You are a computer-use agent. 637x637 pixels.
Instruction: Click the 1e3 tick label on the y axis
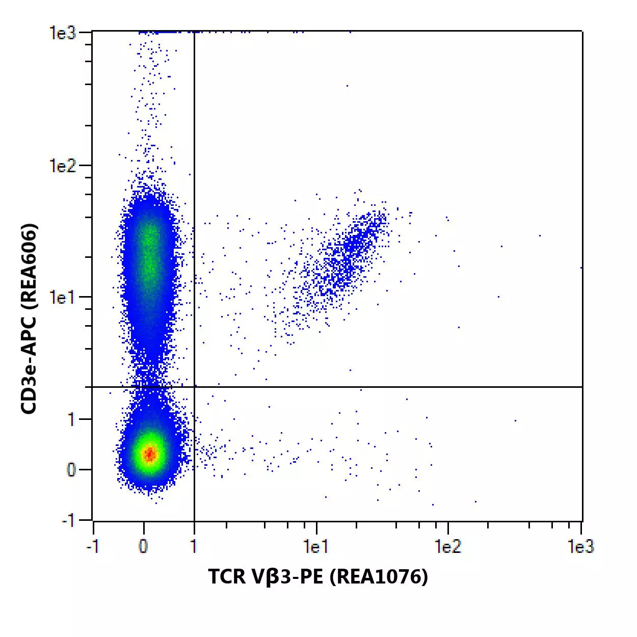coord(62,33)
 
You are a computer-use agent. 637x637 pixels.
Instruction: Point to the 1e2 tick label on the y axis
coord(62,165)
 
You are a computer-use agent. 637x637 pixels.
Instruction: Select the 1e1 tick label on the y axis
coord(62,297)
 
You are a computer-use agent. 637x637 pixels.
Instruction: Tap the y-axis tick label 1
coord(71,419)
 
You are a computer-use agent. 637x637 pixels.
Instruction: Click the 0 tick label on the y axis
coord(71,469)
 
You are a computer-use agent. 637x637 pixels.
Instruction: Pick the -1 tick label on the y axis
coord(68,520)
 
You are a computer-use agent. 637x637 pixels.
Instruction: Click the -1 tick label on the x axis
coord(92,547)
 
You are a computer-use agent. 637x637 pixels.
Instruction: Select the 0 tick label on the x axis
coord(143,547)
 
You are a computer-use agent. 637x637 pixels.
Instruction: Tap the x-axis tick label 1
coord(194,547)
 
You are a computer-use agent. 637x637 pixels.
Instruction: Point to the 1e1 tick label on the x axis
coord(315,547)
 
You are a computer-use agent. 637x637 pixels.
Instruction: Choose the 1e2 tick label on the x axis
coord(447,547)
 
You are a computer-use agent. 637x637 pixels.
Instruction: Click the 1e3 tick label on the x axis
coord(580,547)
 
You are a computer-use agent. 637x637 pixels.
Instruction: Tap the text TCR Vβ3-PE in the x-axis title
coord(266,576)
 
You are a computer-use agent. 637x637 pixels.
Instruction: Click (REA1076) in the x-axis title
coord(379,576)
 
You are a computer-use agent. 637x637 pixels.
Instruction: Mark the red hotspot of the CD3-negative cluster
coord(149,454)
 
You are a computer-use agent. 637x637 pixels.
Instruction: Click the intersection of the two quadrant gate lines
coord(194,387)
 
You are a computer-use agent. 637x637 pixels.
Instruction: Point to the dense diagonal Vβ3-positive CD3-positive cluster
coord(352,250)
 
